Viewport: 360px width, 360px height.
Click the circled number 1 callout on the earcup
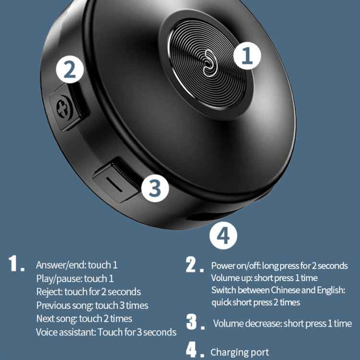[247, 56]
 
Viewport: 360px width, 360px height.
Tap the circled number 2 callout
[70, 69]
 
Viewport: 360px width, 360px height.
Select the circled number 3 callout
[155, 188]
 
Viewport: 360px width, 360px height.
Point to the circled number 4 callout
[223, 236]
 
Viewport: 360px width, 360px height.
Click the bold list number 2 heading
[195, 264]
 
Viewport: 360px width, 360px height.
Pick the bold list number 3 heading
[195, 322]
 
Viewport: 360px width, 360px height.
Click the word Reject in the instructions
[49, 292]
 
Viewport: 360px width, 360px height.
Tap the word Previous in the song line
[53, 305]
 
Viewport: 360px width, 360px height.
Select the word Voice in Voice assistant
[47, 332]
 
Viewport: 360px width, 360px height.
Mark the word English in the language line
[331, 290]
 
